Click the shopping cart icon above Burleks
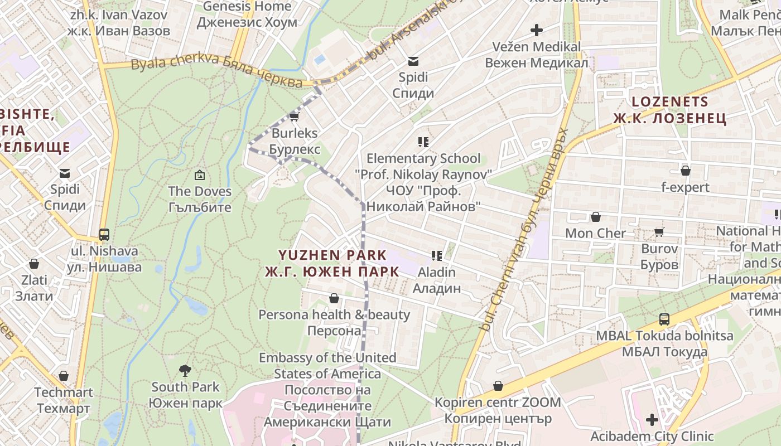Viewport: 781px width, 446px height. (x=295, y=117)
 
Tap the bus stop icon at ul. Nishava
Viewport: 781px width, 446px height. (x=104, y=235)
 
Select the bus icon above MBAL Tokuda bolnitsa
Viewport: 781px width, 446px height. (x=664, y=319)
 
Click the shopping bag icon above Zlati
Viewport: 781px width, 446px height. (x=34, y=264)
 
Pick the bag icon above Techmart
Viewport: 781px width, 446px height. (x=64, y=376)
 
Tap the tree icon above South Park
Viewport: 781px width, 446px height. (x=185, y=370)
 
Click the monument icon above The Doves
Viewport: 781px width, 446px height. (x=199, y=176)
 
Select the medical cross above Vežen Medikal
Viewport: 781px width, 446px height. (x=537, y=30)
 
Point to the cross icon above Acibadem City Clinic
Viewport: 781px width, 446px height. (x=652, y=420)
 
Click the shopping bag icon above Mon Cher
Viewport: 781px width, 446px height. (x=596, y=217)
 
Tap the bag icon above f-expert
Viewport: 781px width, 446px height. (x=685, y=171)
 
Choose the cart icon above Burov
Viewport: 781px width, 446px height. (x=659, y=232)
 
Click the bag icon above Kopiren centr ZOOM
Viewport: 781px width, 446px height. (x=498, y=386)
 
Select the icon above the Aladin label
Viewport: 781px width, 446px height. (x=437, y=256)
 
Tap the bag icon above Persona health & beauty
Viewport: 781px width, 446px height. (x=334, y=298)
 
